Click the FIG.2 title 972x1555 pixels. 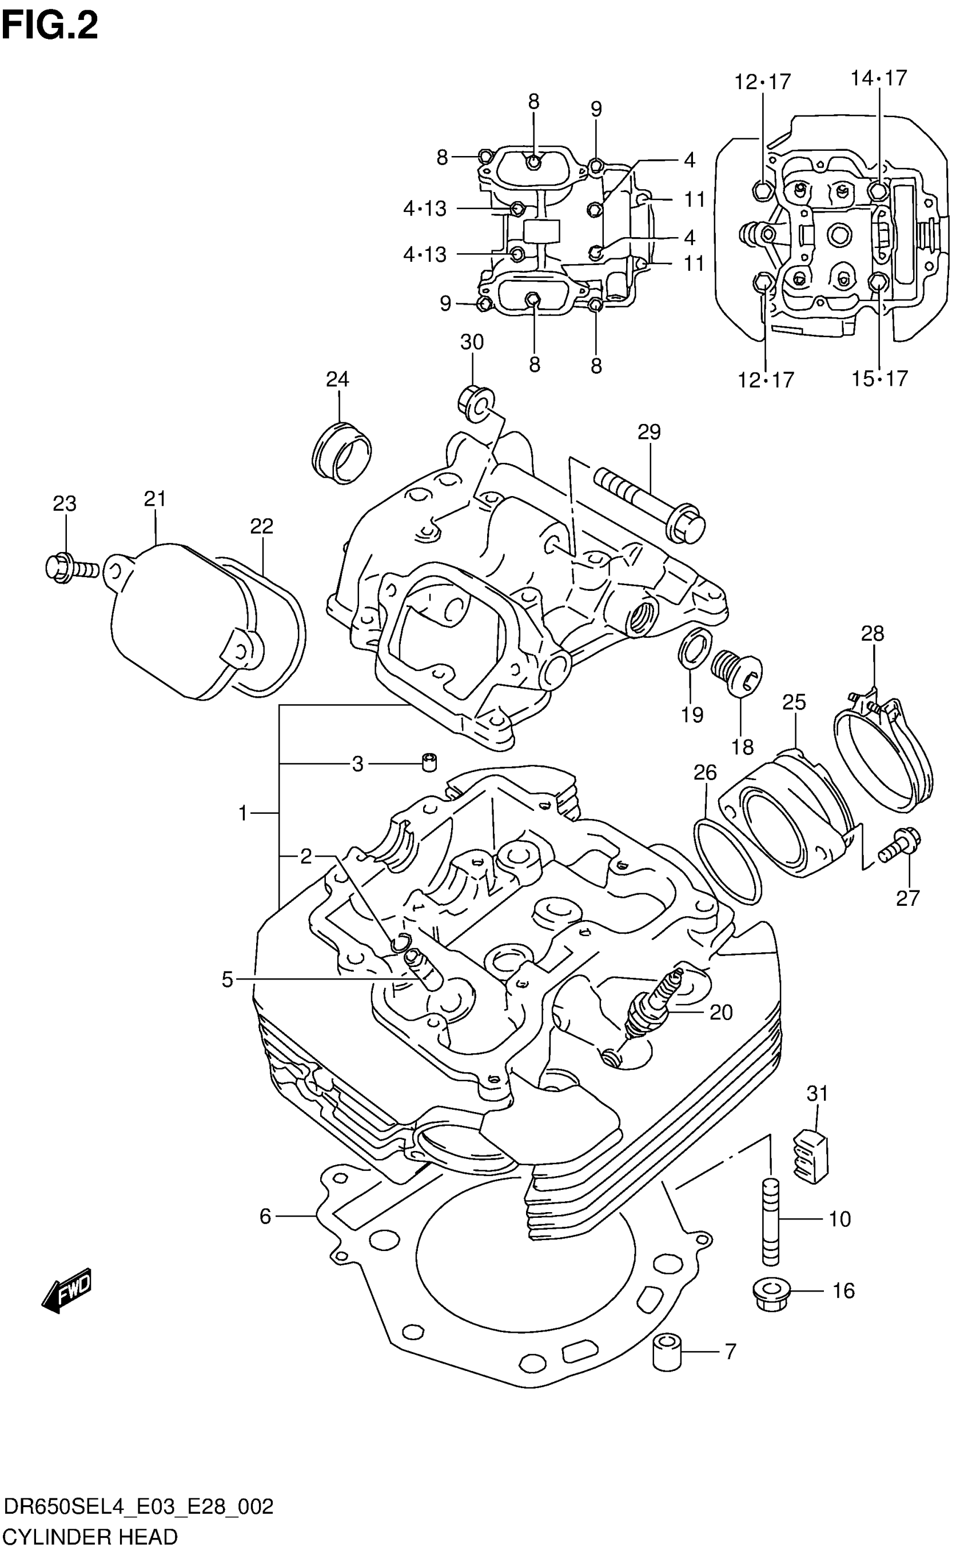coord(50,27)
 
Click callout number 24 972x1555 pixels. coord(337,380)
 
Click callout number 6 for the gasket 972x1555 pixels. coord(265,1216)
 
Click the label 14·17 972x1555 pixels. coord(878,78)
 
